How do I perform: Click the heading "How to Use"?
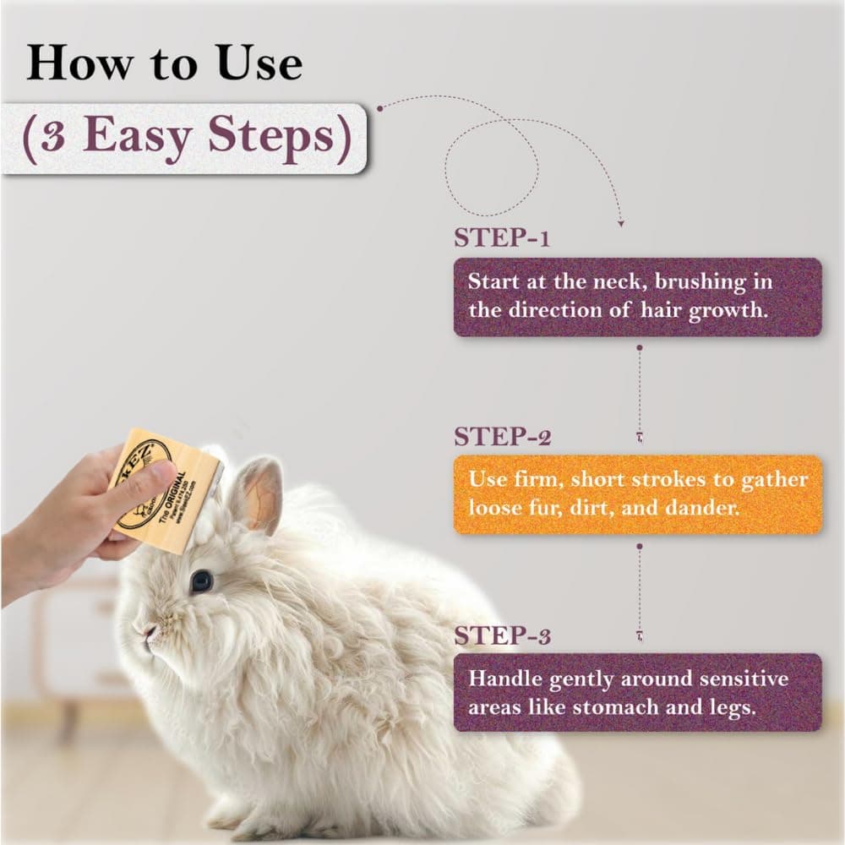pyautogui.click(x=164, y=63)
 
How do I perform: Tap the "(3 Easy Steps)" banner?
pyautogui.click(x=185, y=138)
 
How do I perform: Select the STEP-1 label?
pyautogui.click(x=502, y=238)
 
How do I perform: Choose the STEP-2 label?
pyautogui.click(x=502, y=436)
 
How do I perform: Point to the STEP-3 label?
pyautogui.click(x=502, y=635)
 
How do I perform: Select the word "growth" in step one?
pyautogui.click(x=728, y=309)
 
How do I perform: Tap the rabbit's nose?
pyautogui.click(x=149, y=632)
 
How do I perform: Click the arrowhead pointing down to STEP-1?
pyautogui.click(x=621, y=224)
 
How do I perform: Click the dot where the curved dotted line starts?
pyautogui.click(x=379, y=108)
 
